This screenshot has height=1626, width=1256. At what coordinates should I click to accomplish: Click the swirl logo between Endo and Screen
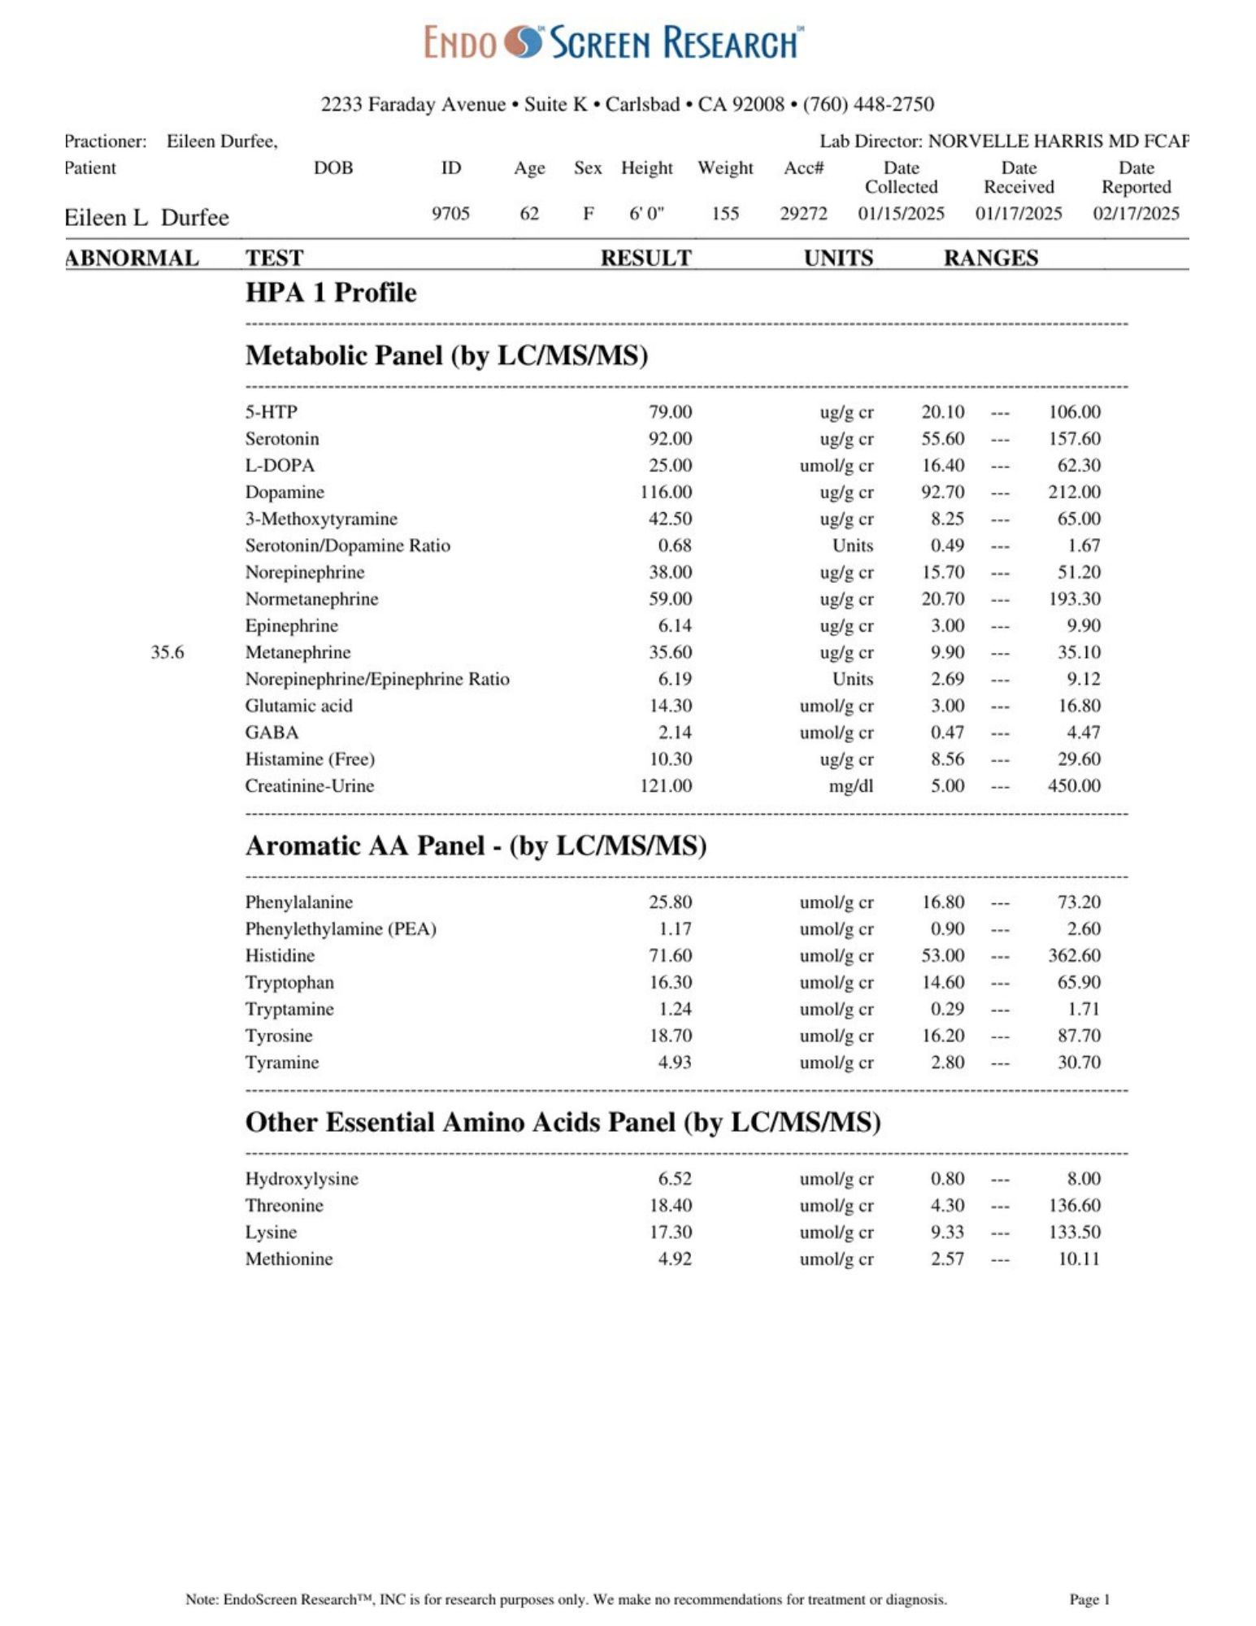(522, 42)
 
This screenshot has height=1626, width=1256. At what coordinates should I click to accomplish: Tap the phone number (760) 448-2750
(868, 104)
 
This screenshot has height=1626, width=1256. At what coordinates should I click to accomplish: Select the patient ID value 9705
(450, 213)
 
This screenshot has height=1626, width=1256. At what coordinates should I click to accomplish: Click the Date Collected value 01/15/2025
(901, 213)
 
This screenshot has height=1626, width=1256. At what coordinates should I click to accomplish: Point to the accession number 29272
(803, 213)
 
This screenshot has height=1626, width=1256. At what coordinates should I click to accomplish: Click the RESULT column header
(645, 258)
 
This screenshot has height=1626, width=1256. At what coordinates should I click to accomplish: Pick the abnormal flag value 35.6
(167, 652)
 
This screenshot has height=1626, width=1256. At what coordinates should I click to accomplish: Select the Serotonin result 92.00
(670, 439)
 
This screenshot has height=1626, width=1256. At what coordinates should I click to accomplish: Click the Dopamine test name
(285, 492)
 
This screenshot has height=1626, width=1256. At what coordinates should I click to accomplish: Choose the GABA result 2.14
(675, 733)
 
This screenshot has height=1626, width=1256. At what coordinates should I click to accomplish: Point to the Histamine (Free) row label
(310, 759)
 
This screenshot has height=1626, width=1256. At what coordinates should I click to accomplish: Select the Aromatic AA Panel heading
(476, 846)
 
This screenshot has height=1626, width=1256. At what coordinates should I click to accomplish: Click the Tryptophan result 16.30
(670, 982)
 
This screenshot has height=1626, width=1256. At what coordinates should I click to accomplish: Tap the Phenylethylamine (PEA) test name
(341, 929)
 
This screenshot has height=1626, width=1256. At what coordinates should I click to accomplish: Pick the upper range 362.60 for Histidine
(1073, 955)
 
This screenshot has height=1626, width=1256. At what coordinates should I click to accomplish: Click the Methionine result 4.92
(675, 1259)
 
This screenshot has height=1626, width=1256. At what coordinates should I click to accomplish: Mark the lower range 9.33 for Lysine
(947, 1232)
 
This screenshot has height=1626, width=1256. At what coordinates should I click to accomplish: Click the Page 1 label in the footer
(1089, 1599)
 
